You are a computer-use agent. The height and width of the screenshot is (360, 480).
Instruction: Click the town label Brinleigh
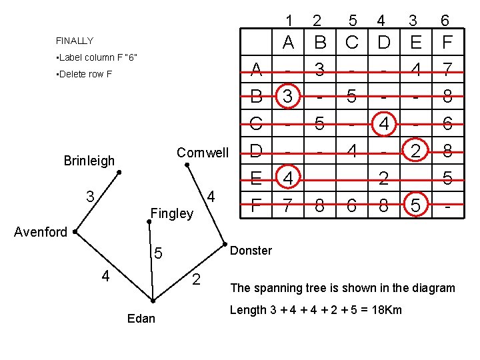coord(89,161)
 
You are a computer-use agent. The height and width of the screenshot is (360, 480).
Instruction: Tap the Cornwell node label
coord(202,153)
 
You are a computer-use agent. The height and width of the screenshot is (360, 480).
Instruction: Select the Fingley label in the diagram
coord(171,214)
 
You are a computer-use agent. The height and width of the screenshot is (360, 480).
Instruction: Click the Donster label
coord(251,251)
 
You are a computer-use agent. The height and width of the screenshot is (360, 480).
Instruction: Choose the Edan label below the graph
coord(141,319)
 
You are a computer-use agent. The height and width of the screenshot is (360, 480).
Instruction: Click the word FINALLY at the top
coord(75,41)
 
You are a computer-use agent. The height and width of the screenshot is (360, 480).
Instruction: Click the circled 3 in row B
coord(288,97)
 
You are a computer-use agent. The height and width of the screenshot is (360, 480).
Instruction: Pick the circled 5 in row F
coord(415,206)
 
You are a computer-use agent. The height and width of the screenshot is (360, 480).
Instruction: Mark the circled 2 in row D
coord(415,151)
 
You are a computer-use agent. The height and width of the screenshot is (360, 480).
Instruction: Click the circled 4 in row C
coord(384,124)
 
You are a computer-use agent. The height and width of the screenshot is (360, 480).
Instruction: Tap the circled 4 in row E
coord(288,179)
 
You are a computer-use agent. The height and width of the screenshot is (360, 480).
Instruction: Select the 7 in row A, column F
coord(447,69)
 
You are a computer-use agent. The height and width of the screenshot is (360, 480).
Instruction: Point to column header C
coord(352,43)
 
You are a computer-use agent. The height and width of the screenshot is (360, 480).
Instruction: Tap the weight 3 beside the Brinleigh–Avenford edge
coord(89,197)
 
